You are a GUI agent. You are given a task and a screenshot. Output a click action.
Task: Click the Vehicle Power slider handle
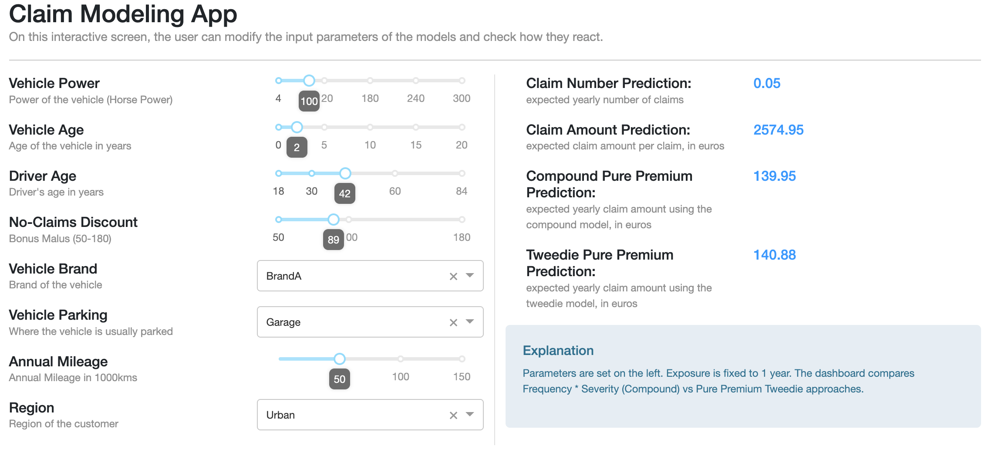tap(309, 81)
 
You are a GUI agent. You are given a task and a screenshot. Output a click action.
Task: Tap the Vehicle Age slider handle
tap(297, 127)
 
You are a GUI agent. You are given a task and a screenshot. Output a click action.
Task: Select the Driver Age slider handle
tap(345, 173)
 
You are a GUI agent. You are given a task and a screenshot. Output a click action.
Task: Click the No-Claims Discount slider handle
tap(334, 220)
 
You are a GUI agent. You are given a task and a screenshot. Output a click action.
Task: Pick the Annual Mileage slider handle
tap(340, 359)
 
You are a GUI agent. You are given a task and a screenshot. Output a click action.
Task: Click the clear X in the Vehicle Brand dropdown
tap(453, 277)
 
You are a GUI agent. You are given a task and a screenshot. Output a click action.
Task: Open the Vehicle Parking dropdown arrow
tap(470, 321)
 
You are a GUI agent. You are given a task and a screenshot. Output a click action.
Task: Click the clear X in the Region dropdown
tap(453, 416)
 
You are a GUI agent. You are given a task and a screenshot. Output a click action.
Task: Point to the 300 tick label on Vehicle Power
tap(462, 98)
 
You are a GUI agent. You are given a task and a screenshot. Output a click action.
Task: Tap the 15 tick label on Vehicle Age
tap(416, 145)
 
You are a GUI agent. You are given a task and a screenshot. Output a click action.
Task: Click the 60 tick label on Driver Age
tap(395, 191)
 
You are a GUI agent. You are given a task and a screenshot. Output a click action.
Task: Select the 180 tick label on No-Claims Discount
tap(462, 237)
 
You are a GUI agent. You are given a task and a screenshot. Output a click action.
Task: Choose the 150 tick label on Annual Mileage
tap(462, 377)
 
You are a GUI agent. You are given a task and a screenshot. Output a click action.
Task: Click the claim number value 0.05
tap(767, 83)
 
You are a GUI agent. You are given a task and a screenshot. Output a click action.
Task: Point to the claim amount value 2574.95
tap(778, 130)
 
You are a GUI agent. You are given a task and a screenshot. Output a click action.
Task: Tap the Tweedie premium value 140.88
tap(774, 255)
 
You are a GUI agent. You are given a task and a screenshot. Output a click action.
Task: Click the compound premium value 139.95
tap(774, 176)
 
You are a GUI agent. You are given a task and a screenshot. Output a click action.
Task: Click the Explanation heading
tap(558, 351)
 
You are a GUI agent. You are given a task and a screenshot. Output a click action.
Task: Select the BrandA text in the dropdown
tap(284, 276)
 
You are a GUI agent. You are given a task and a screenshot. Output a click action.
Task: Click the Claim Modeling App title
tap(123, 14)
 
